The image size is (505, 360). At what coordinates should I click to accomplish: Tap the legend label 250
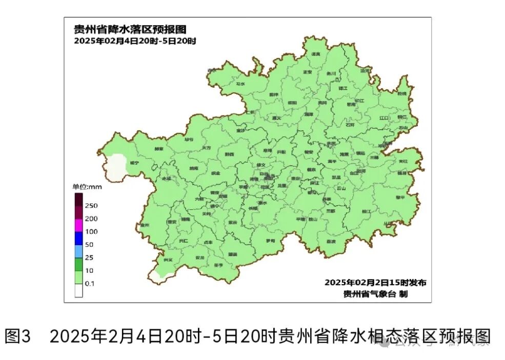point(91,206)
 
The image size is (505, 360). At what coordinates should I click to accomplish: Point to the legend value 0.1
point(91,284)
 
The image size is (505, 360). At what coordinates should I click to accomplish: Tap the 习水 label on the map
point(240,84)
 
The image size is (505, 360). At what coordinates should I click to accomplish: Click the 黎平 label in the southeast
point(400,197)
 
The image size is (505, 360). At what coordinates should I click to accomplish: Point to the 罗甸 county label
point(270,241)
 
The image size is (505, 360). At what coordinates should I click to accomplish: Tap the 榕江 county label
point(366,211)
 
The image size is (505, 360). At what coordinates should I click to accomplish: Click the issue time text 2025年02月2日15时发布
point(375,283)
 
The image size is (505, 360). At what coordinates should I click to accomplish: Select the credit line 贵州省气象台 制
point(376,294)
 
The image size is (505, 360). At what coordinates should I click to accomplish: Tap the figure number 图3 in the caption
point(18,336)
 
